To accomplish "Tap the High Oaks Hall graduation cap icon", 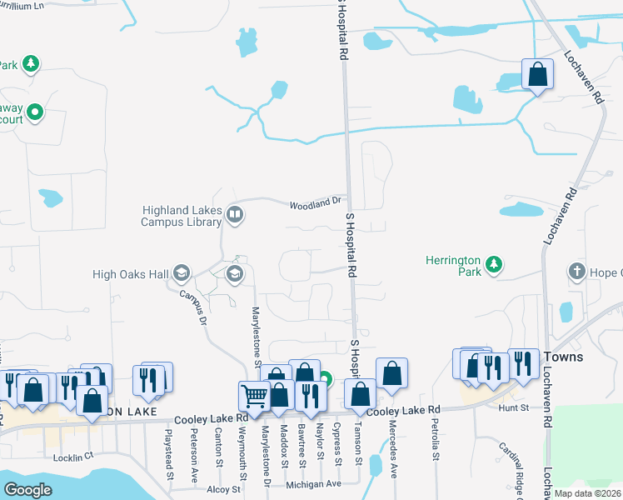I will pos(182,273).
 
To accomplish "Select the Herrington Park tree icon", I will pos(494,265).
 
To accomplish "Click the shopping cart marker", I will pos(254,396).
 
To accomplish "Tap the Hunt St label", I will pos(513,407).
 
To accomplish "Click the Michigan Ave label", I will pos(313,484).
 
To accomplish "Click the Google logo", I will pos(27,490).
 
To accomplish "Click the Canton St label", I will pos(218,450).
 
